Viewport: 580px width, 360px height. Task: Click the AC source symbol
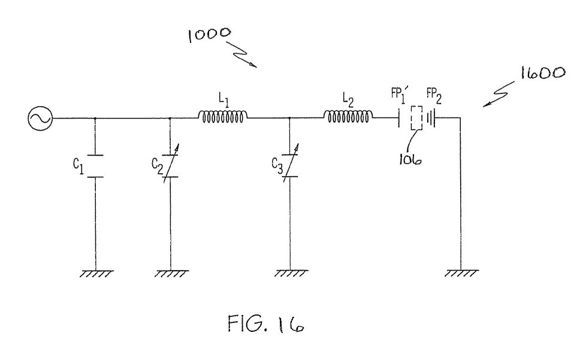40,118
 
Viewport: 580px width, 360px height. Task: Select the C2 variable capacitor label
157,166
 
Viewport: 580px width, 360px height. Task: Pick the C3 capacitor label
277,166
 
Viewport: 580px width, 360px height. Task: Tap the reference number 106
410,159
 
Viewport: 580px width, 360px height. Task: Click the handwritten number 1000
209,35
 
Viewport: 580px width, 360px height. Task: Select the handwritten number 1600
543,73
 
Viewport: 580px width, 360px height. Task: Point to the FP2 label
434,96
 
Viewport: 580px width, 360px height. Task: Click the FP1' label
400,95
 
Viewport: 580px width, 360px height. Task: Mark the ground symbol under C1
96,274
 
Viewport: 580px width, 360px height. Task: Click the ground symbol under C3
291,274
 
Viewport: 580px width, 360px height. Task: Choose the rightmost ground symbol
461,274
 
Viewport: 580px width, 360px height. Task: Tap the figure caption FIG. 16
266,324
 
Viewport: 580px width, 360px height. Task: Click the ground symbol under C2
171,274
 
